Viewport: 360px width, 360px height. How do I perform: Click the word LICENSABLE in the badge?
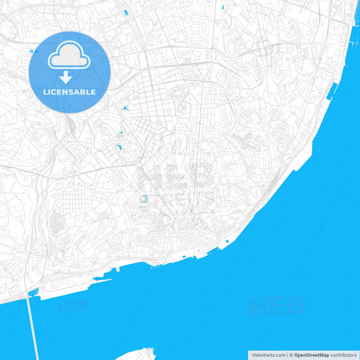[x=70, y=92]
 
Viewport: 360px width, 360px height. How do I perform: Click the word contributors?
[x=343, y=355]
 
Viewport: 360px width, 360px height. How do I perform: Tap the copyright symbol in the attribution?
[x=290, y=355]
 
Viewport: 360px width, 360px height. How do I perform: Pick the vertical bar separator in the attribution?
[x=286, y=355]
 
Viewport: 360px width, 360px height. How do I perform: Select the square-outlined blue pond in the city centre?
[x=143, y=199]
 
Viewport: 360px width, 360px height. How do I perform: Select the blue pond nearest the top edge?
[x=126, y=13]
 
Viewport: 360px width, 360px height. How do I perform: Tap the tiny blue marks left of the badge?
[x=31, y=51]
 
